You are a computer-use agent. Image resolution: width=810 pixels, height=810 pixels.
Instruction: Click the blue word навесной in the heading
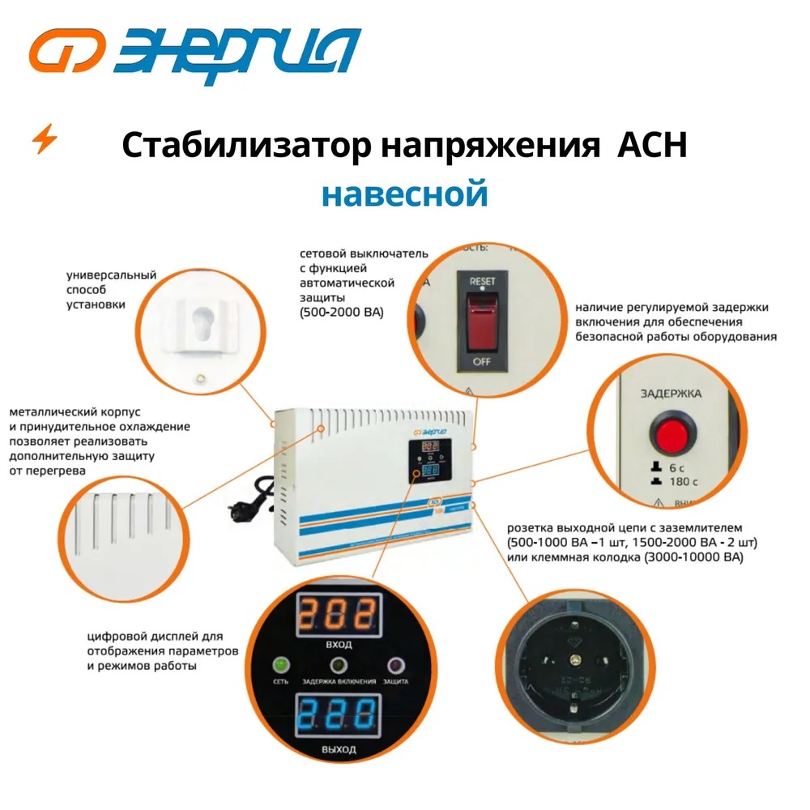click(404, 194)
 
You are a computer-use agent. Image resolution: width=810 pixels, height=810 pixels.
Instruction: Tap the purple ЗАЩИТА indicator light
click(396, 666)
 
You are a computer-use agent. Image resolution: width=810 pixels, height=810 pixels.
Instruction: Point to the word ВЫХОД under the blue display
click(339, 750)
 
